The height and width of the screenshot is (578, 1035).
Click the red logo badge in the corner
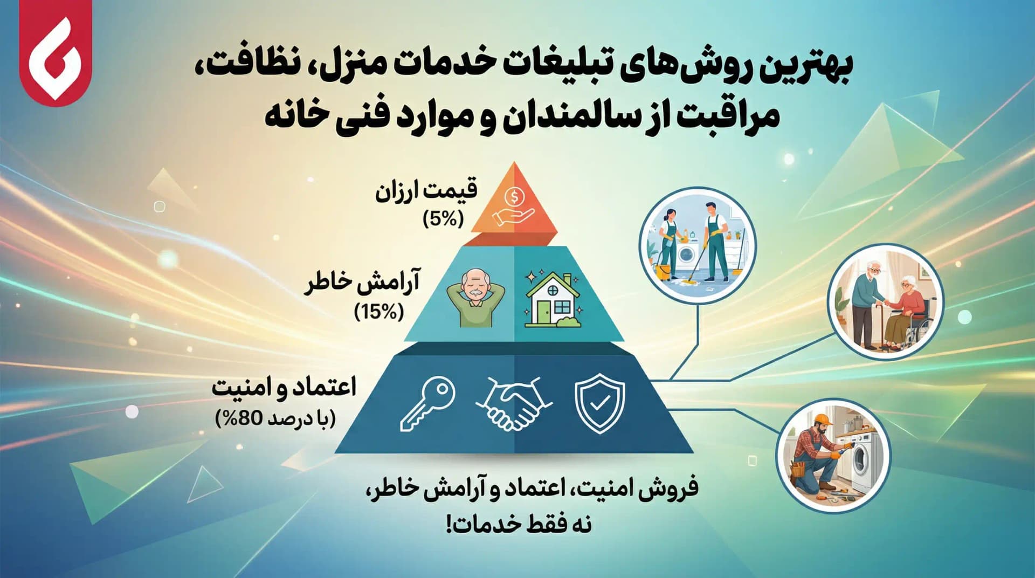pyautogui.click(x=56, y=54)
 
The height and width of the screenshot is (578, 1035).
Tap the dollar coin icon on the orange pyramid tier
pyautogui.click(x=515, y=197)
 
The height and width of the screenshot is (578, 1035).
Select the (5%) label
pyautogui.click(x=443, y=219)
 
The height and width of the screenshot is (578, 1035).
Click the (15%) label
pyautogui.click(x=379, y=312)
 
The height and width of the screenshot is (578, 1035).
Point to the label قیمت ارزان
pyautogui.click(x=426, y=191)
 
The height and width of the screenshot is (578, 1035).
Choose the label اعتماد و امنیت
pyautogui.click(x=284, y=388)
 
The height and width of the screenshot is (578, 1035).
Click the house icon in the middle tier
pyautogui.click(x=553, y=300)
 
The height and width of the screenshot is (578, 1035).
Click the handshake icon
pyautogui.click(x=513, y=403)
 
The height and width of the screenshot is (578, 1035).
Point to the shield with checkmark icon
pyautogui.click(x=599, y=403)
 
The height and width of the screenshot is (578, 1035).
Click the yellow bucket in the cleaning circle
pyautogui.click(x=664, y=272)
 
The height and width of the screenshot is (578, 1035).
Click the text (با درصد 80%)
pyautogui.click(x=275, y=418)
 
